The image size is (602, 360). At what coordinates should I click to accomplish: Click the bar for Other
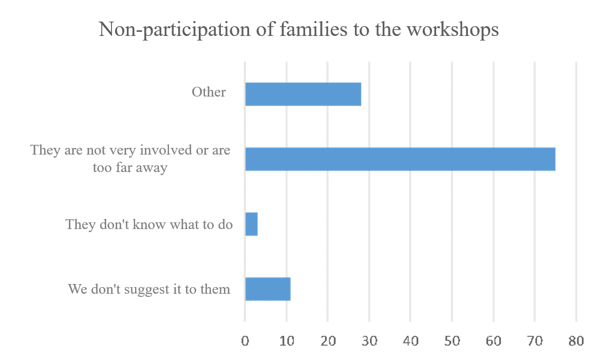(x=303, y=94)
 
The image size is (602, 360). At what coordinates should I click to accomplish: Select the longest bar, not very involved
(x=400, y=159)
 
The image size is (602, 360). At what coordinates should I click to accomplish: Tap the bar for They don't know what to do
(x=252, y=224)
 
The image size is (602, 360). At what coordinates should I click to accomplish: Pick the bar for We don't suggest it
(x=268, y=289)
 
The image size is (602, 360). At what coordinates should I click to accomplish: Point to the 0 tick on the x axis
(x=245, y=341)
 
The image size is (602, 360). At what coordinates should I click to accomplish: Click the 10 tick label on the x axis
(x=287, y=341)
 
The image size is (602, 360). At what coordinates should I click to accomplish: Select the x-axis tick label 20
(x=328, y=341)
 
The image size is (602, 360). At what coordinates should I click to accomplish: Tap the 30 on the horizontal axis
(x=369, y=341)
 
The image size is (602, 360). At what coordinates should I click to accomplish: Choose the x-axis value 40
(x=410, y=341)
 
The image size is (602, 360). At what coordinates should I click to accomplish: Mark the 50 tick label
(x=452, y=341)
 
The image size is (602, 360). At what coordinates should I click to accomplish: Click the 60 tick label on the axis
(x=493, y=341)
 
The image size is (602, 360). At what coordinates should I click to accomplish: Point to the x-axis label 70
(x=535, y=341)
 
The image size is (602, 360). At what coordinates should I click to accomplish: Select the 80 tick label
(x=576, y=341)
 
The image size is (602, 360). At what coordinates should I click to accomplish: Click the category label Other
(x=209, y=92)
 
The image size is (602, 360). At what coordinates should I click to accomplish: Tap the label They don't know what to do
(x=149, y=224)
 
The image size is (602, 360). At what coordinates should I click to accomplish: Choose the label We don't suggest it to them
(x=149, y=289)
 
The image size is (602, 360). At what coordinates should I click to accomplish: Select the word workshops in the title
(x=453, y=30)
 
